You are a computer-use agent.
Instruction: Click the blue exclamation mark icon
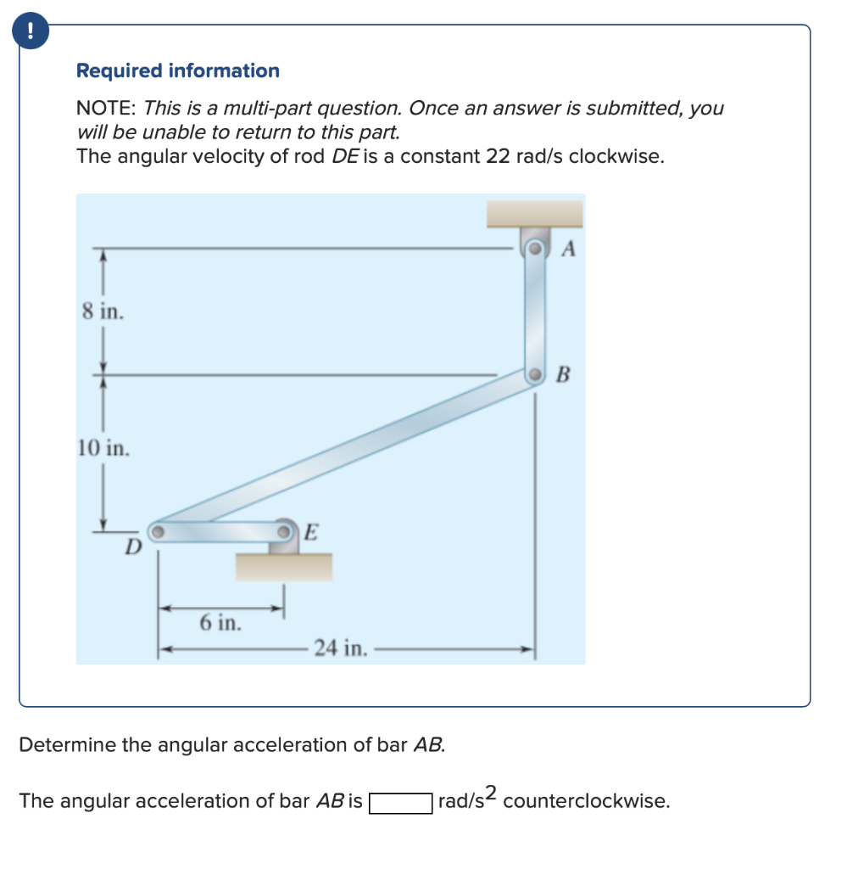(x=31, y=32)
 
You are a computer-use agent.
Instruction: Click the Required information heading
(x=177, y=71)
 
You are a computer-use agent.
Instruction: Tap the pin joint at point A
(x=535, y=249)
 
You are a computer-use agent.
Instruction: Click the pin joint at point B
(x=535, y=375)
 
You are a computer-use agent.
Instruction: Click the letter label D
(x=131, y=549)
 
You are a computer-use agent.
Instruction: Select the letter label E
(x=310, y=532)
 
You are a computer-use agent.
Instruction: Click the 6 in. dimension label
(x=220, y=623)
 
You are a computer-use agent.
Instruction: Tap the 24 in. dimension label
(x=340, y=649)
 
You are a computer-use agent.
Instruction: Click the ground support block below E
(x=283, y=566)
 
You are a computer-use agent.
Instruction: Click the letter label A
(x=569, y=249)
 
